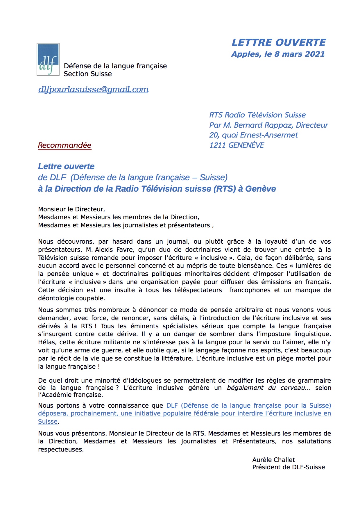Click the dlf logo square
click(48, 60)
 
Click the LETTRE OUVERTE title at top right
click(278, 42)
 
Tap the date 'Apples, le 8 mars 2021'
click(278, 54)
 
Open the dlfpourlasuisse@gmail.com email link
click(93, 89)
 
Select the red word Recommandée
click(65, 145)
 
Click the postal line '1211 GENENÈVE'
click(237, 145)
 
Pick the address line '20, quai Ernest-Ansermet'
click(253, 135)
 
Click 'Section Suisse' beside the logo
click(88, 74)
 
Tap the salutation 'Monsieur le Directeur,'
click(71, 209)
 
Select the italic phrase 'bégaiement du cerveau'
click(266, 388)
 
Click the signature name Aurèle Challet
click(273, 460)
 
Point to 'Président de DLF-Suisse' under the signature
click(289, 467)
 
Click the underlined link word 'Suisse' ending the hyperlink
click(48, 421)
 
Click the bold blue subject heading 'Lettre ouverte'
click(66, 166)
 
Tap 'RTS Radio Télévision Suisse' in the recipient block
click(257, 115)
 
